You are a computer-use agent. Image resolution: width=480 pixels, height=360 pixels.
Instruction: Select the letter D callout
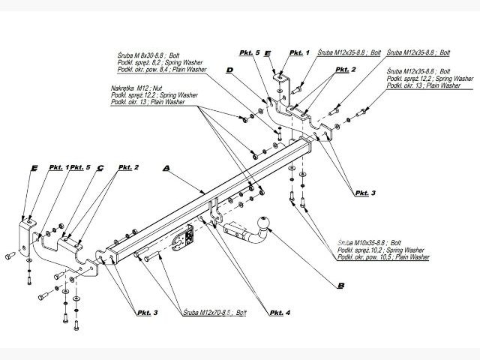point(229,70)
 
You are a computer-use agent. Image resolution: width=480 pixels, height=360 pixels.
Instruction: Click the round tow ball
point(263,224)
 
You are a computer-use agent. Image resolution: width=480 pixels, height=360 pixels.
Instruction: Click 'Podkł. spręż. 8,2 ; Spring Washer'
point(158,61)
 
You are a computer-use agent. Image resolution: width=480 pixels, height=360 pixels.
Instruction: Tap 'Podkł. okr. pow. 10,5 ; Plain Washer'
point(383,256)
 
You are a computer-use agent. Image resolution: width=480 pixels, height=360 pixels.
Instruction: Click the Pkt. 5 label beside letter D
point(249,53)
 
